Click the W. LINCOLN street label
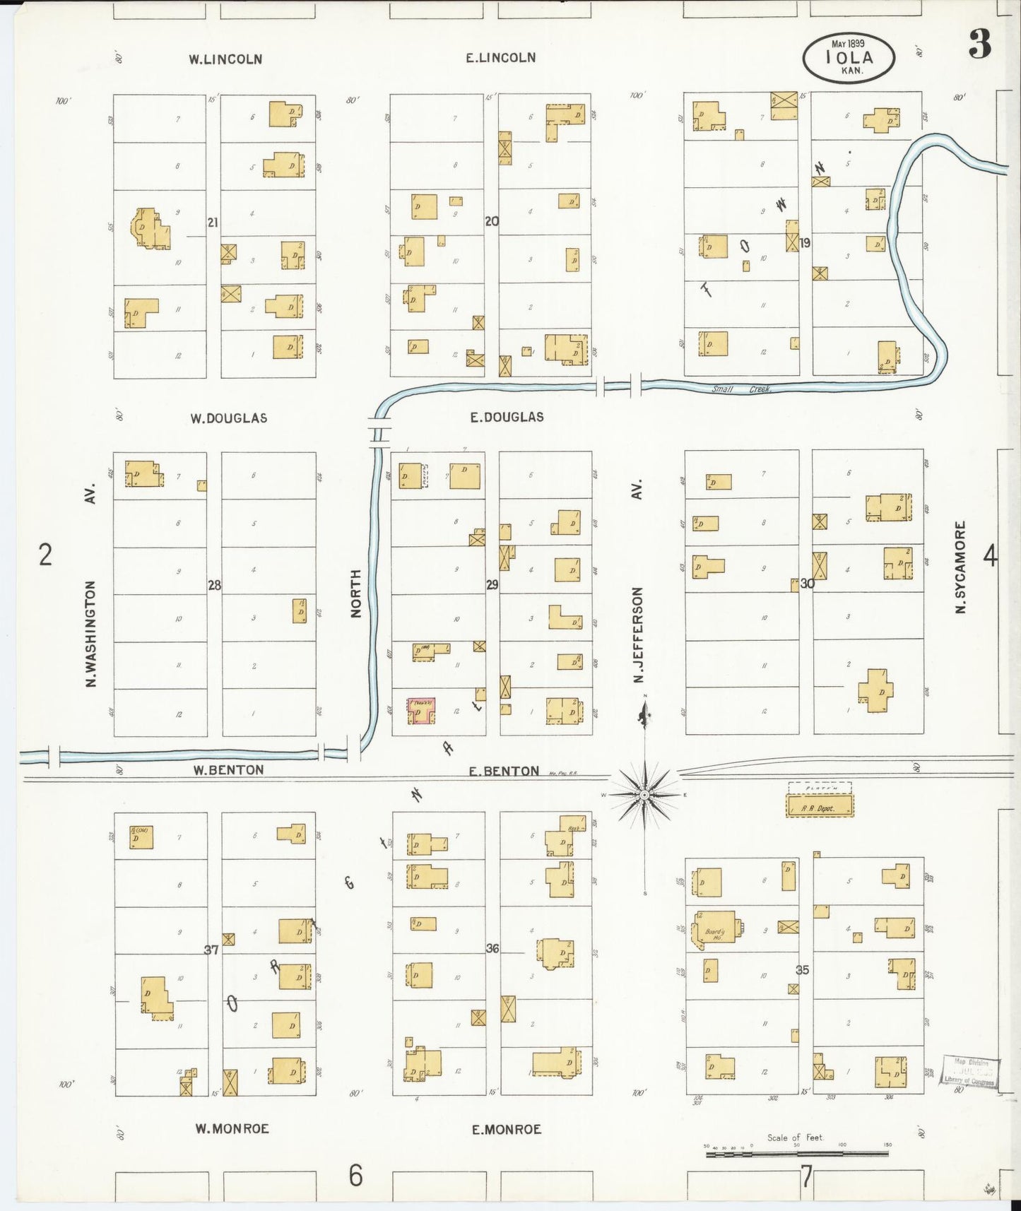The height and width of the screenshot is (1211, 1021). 225,59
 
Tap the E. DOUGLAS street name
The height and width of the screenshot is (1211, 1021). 507,418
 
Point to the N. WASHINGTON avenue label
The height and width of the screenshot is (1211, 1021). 90,633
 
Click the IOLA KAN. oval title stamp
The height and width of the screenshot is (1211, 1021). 849,58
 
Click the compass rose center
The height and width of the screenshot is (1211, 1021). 644,796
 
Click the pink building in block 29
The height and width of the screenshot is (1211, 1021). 420,711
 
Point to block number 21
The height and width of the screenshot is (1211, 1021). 213,223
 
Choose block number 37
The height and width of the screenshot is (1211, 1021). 211,950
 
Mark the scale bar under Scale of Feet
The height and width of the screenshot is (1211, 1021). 797,1154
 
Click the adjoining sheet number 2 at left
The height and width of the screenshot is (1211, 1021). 45,555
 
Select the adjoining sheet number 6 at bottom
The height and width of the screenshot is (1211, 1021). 355,1176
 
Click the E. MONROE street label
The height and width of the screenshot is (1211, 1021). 506,1130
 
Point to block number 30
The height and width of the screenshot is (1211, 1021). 807,584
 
